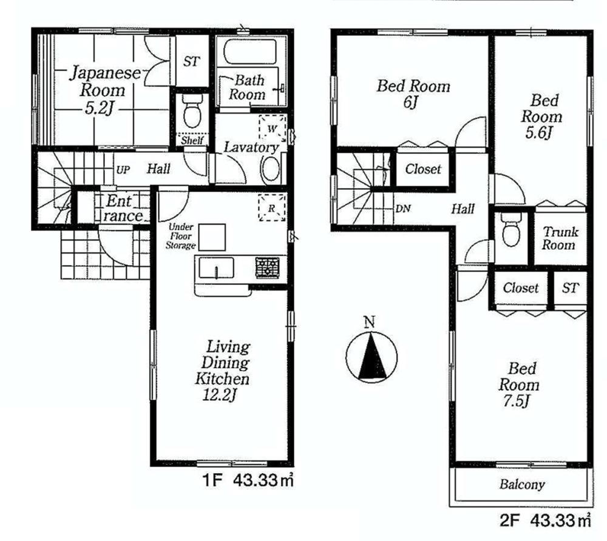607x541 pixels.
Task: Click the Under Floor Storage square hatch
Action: tap(212, 237)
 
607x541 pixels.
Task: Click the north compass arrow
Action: tap(371, 355)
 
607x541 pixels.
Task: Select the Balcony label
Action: tap(522, 485)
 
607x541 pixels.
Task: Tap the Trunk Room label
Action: tap(559, 238)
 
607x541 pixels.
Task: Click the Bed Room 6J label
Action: tap(413, 93)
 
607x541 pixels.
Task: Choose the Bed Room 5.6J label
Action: tap(541, 116)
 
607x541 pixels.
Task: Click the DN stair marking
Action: tap(403, 209)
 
